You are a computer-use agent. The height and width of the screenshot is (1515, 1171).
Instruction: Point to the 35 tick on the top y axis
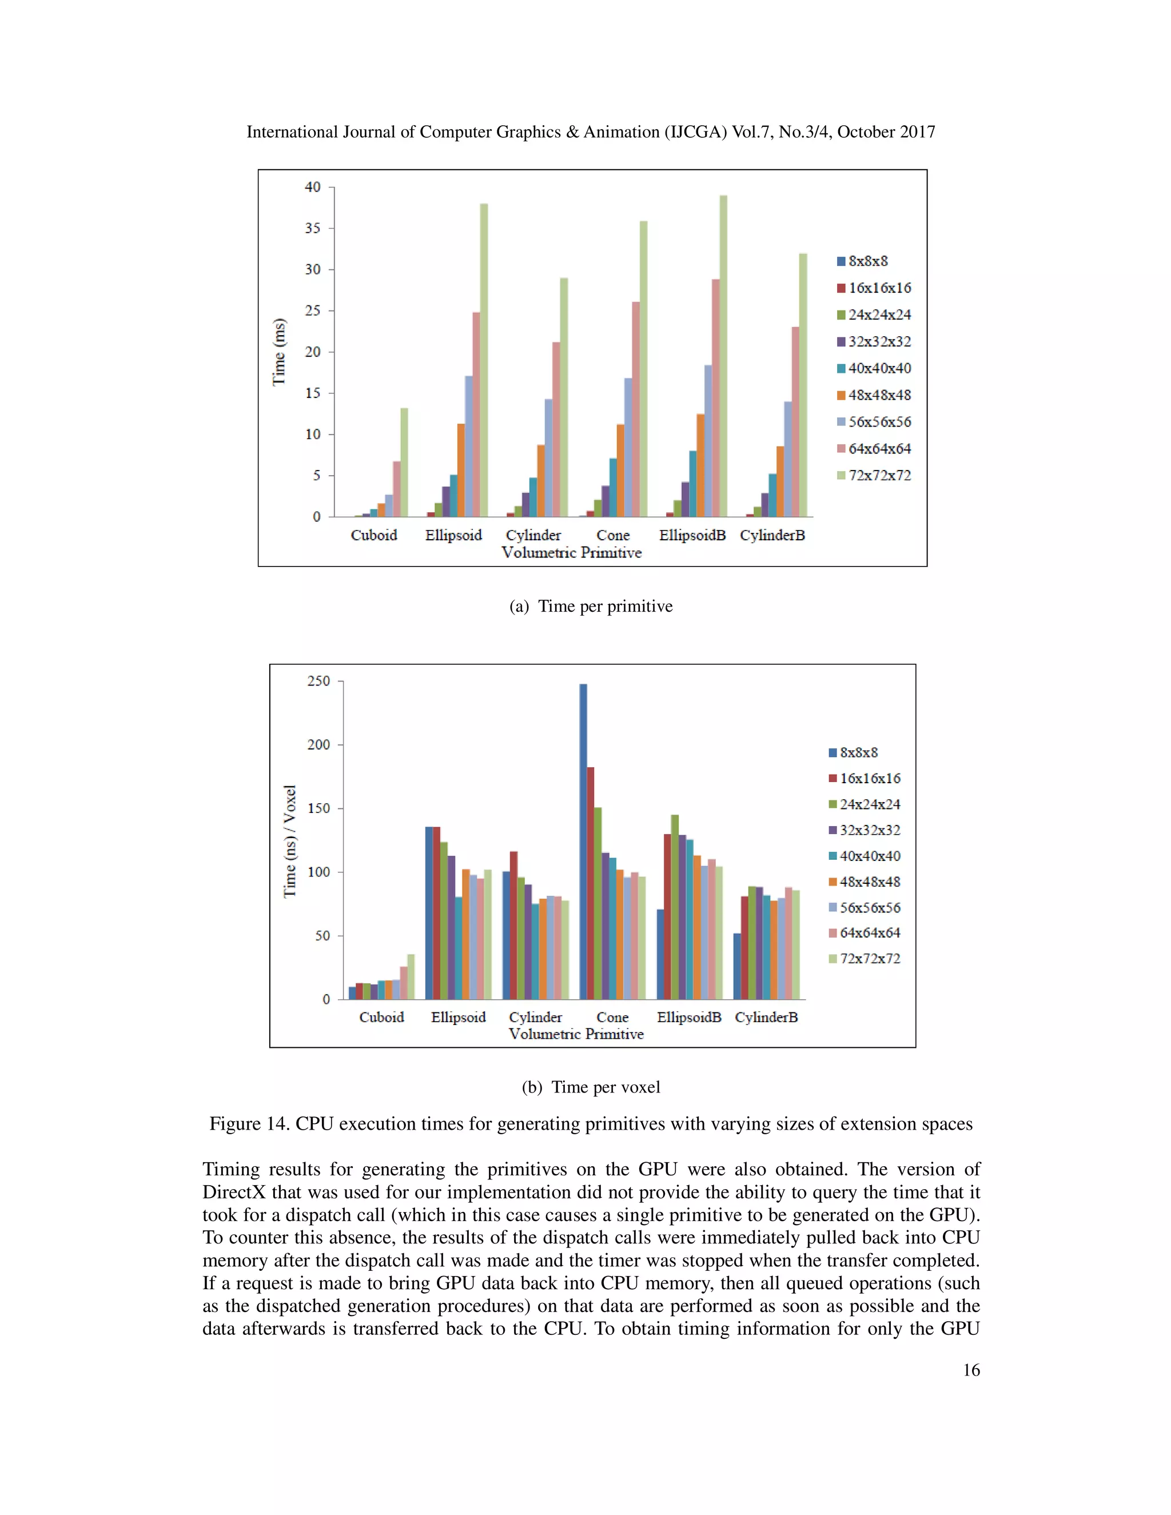313,228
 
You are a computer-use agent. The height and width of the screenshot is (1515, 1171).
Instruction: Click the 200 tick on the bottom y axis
319,744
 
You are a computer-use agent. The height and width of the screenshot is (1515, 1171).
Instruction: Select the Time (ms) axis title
279,352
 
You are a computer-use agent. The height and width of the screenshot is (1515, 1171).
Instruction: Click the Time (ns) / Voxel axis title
290,841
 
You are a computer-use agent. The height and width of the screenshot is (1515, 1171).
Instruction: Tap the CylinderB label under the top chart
772,536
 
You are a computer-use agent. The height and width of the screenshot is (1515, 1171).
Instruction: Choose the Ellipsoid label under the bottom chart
458,1017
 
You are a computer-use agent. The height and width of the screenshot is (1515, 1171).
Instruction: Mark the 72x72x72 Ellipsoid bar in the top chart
484,360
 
